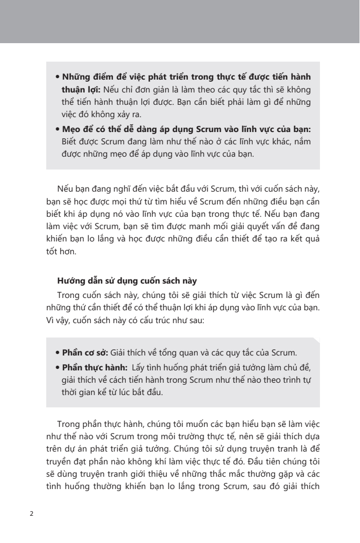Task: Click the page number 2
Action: (x=32, y=514)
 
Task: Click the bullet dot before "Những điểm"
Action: (x=58, y=78)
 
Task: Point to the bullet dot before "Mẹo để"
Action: (x=58, y=128)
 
